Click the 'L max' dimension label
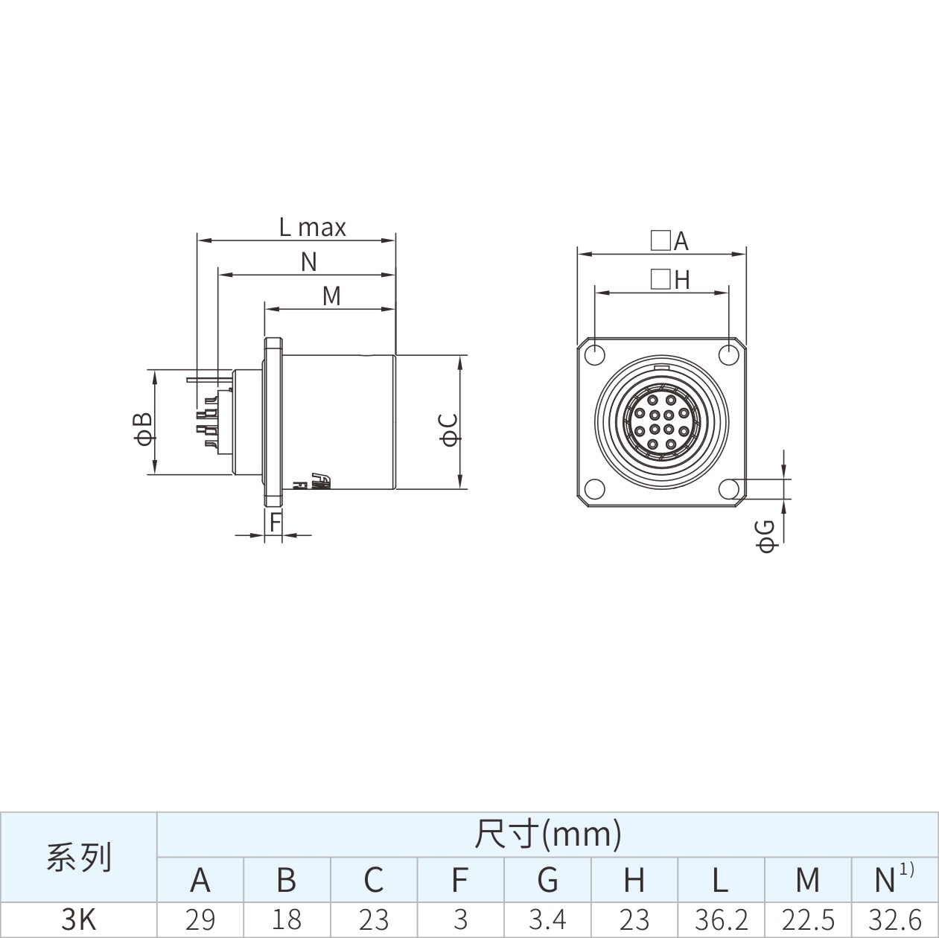click(x=312, y=228)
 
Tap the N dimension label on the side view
click(x=309, y=262)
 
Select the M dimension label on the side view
click(x=332, y=296)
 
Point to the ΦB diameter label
click(x=142, y=429)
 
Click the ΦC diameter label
click(x=449, y=430)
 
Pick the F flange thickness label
click(x=276, y=523)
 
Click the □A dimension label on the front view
click(x=670, y=240)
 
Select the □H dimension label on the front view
click(x=670, y=280)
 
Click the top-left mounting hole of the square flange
click(x=595, y=355)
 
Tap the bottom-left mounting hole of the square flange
click(x=595, y=489)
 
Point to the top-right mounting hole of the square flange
click(x=729, y=355)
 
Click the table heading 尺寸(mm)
click(x=548, y=835)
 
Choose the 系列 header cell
click(x=79, y=858)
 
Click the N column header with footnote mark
click(x=894, y=879)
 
